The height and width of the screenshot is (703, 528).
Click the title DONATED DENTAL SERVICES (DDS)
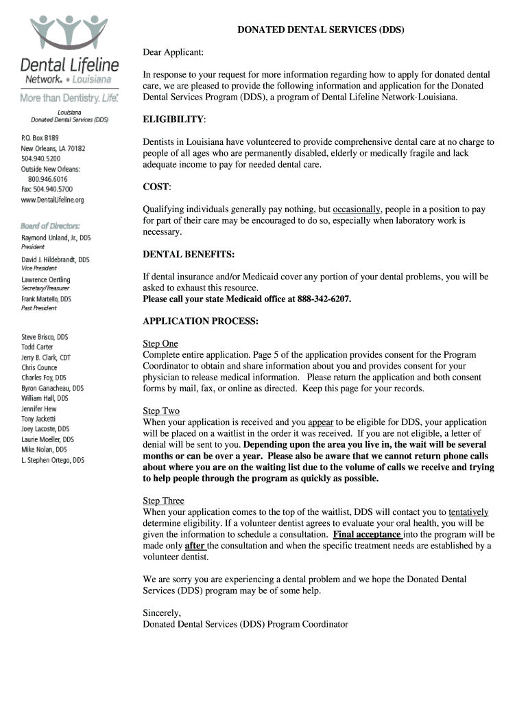pyautogui.click(x=321, y=30)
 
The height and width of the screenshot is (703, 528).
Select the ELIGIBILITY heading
pyautogui.click(x=173, y=119)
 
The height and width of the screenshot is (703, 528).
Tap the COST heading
pyautogui.click(x=156, y=187)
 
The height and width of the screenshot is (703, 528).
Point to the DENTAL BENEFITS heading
pyautogui.click(x=189, y=254)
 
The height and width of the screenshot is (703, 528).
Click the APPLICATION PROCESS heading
pyautogui.click(x=200, y=321)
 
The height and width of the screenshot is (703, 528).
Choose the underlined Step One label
pyautogui.click(x=160, y=343)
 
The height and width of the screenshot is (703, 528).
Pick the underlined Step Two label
pyautogui.click(x=161, y=411)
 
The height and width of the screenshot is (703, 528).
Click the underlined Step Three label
pyautogui.click(x=163, y=500)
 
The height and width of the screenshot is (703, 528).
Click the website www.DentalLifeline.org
pyautogui.click(x=52, y=200)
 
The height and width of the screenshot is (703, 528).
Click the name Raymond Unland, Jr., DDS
pyautogui.click(x=56, y=238)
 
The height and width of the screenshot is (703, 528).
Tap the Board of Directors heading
pyautogui.click(x=50, y=225)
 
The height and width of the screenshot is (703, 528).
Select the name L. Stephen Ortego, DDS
pyautogui.click(x=53, y=460)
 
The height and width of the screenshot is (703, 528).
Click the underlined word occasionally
pyautogui.click(x=357, y=209)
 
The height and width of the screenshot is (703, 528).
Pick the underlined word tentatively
pyautogui.click(x=468, y=512)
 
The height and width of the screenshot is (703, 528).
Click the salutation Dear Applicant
pyautogui.click(x=173, y=52)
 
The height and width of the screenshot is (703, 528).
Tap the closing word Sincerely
pyautogui.click(x=162, y=612)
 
